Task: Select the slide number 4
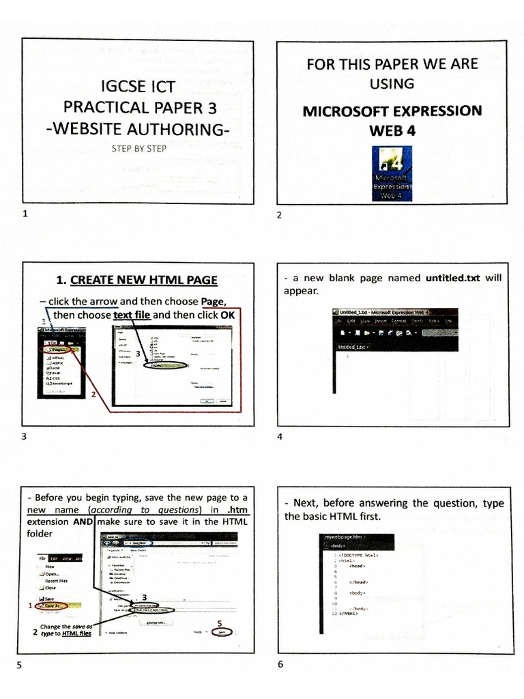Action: click(x=279, y=437)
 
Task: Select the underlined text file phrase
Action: click(x=132, y=315)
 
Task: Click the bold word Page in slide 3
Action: click(x=213, y=301)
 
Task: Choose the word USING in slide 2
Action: click(x=392, y=84)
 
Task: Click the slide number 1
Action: click(x=25, y=214)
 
